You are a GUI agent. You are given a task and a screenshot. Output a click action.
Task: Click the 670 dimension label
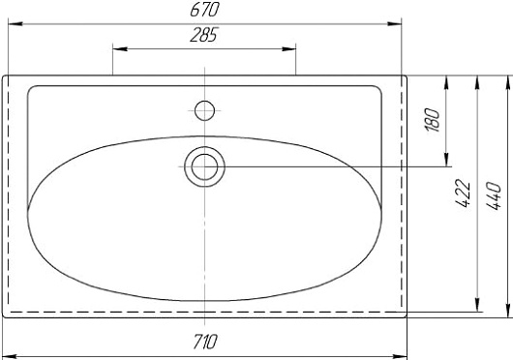[204, 10]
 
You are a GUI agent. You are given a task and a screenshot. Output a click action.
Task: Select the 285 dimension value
[203, 35]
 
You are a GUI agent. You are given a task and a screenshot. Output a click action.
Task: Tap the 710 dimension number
[205, 342]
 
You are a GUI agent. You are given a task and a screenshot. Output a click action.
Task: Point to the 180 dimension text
[433, 120]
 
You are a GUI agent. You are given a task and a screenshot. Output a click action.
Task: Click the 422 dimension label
[463, 194]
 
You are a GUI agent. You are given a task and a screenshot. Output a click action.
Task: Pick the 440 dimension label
[494, 196]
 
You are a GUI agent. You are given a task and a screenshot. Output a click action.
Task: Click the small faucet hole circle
[204, 110]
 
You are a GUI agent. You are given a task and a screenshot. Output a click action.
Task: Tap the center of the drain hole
[205, 166]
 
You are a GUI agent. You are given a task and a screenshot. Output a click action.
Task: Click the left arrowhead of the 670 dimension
[15, 24]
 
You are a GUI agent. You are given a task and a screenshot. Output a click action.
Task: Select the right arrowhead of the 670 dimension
[394, 24]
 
